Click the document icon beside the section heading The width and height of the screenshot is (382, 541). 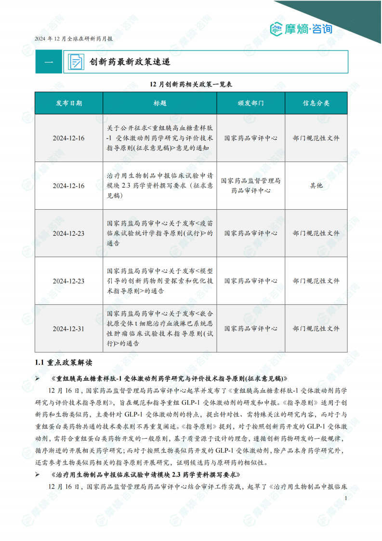click(x=76, y=62)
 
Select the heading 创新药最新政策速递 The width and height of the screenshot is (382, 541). click(x=129, y=62)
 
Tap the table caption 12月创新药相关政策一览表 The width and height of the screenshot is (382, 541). click(x=191, y=84)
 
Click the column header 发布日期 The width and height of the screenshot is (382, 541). click(x=68, y=103)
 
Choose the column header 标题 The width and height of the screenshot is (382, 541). click(x=160, y=103)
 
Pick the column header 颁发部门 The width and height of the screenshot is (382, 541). click(x=250, y=103)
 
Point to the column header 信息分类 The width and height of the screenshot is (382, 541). click(x=316, y=103)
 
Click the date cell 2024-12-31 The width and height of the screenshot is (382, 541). click(x=68, y=329)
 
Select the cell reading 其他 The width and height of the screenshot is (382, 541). click(x=316, y=186)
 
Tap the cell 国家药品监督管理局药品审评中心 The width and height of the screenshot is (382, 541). click(x=250, y=186)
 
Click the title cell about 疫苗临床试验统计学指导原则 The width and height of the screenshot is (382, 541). click(x=160, y=233)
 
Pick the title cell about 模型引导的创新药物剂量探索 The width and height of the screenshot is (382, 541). click(x=160, y=281)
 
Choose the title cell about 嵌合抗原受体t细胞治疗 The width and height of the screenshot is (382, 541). click(x=160, y=329)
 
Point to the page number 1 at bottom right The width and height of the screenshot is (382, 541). click(x=346, y=499)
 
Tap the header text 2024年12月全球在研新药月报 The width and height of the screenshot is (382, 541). click(x=74, y=39)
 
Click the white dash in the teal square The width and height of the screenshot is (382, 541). click(x=49, y=62)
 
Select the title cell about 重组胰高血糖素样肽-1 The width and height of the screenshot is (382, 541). click(x=160, y=138)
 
